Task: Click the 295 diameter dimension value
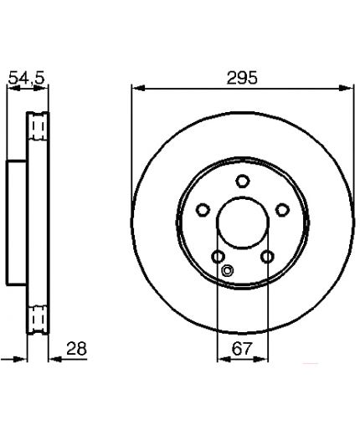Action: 242,78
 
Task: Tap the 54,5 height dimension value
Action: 27,78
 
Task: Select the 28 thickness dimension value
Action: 77,348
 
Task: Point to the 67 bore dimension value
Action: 242,348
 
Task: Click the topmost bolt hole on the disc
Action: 242,181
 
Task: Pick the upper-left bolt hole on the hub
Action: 203,210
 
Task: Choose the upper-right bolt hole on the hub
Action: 282,210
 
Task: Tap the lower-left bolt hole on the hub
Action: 219,257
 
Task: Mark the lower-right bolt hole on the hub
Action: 267,257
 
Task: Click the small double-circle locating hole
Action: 228,270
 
